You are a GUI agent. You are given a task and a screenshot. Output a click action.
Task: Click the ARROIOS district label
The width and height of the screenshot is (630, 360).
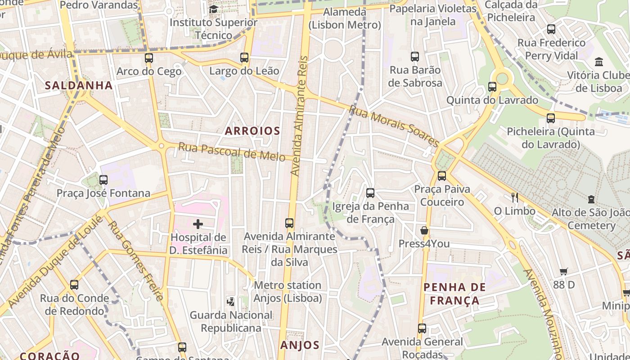point(252,131)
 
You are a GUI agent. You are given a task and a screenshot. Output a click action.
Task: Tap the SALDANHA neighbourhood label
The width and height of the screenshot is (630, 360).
point(79,85)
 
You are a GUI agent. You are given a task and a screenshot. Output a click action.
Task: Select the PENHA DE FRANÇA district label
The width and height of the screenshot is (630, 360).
point(454,294)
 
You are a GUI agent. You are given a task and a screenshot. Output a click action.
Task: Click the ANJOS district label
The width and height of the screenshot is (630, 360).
point(300,345)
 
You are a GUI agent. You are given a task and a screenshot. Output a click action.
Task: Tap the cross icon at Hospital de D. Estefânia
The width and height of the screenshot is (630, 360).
point(198,224)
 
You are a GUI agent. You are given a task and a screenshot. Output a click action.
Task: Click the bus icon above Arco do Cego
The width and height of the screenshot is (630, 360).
point(149,58)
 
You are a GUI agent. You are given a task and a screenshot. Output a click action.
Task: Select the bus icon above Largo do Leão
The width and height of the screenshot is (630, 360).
point(244,58)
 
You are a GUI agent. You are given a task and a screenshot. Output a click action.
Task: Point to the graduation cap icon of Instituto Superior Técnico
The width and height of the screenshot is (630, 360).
point(214,9)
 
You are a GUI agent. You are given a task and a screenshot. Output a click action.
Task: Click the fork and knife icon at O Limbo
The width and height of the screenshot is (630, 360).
point(515,197)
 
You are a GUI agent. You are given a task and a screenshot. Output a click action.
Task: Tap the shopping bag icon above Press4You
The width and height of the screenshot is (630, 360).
point(424,231)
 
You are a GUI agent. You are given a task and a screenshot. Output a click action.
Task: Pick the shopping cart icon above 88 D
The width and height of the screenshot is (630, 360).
point(564,271)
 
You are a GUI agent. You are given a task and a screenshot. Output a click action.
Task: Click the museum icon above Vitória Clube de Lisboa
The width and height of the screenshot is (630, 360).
point(599,62)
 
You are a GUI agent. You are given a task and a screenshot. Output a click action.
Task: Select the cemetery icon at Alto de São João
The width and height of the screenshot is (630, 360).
point(591,199)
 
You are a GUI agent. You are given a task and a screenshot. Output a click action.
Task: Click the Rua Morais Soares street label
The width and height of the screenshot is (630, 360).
point(394,126)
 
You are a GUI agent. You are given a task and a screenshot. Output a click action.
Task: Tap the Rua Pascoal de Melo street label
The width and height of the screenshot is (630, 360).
point(231,151)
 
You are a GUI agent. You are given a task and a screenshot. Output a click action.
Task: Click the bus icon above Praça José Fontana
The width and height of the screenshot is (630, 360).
point(103,180)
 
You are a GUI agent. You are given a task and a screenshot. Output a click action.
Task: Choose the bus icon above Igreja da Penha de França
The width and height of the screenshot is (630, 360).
point(370,193)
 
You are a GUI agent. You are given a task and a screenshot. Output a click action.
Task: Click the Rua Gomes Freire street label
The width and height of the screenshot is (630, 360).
point(135,261)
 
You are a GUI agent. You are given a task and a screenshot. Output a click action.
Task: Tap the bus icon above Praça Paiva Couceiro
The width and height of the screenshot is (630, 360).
point(442,176)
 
